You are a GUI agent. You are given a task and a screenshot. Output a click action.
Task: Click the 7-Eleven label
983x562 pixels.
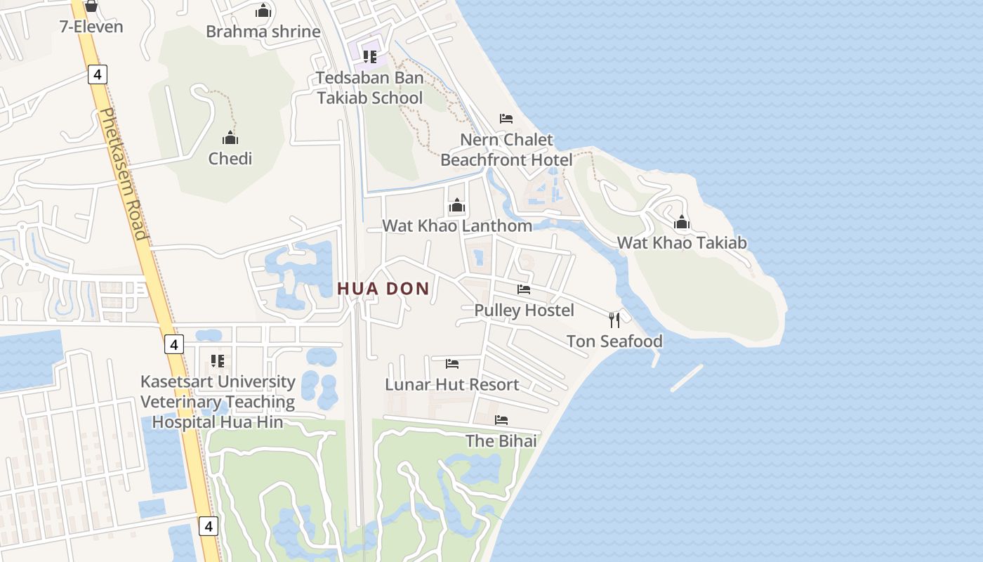[91, 27]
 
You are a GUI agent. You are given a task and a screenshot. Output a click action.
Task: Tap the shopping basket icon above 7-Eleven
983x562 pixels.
[91, 7]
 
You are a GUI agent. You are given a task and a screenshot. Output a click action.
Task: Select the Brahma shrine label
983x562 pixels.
[263, 32]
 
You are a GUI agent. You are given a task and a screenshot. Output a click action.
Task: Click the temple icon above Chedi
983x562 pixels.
[230, 138]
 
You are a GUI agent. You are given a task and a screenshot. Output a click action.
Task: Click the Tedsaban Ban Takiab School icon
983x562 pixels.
[370, 56]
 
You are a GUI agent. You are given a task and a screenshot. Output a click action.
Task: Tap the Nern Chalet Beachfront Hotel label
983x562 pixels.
[506, 150]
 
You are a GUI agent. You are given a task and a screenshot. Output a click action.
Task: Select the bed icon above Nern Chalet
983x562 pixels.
[506, 118]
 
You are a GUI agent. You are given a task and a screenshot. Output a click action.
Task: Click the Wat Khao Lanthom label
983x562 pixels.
[457, 226]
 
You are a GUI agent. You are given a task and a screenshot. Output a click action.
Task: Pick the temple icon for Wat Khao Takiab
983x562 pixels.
[681, 223]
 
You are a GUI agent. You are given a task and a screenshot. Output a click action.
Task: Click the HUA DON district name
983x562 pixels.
[383, 289]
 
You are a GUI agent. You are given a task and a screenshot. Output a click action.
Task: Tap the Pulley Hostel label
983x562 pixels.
[524, 311]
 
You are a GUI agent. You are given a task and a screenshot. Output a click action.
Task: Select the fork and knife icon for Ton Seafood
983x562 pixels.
[614, 320]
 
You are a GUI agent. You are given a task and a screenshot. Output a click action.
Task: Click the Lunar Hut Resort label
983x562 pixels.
[451, 385]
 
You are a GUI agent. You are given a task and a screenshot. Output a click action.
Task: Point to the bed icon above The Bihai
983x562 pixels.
[501, 420]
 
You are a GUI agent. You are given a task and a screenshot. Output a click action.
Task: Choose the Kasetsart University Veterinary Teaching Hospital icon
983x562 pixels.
[218, 361]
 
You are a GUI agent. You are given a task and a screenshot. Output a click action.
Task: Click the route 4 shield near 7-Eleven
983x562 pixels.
[98, 74]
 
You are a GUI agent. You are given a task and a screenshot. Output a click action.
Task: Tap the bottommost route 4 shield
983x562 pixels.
[209, 525]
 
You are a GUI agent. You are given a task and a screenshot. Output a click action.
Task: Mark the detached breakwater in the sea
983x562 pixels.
[687, 378]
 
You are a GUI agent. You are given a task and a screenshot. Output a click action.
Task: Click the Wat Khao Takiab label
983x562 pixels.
[681, 243]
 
